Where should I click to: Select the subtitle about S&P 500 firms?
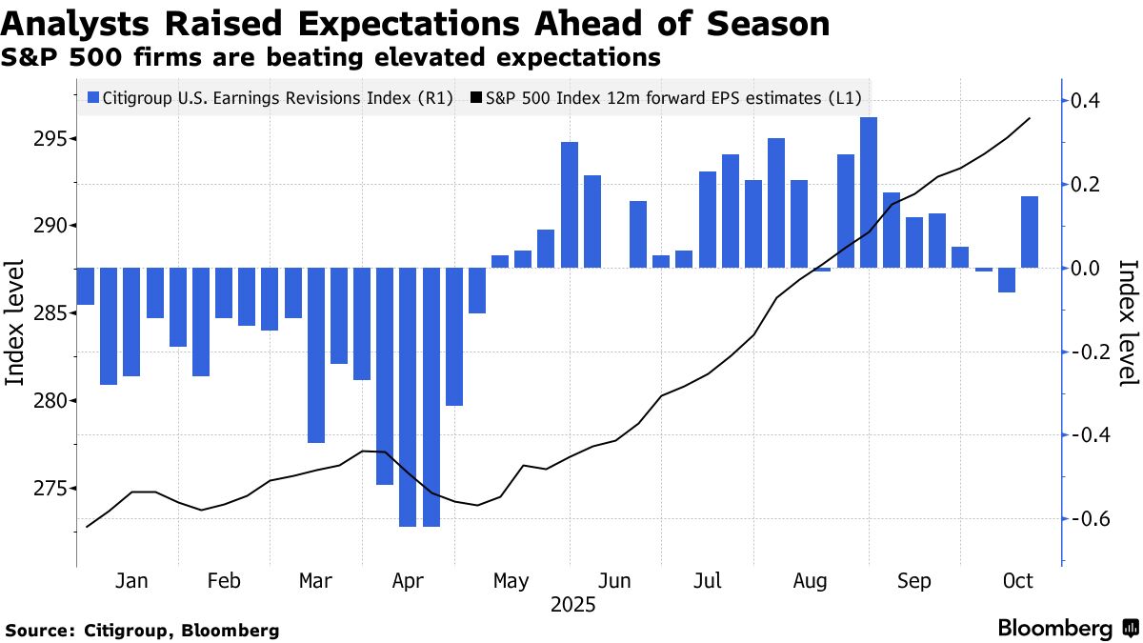pyautogui.click(x=331, y=58)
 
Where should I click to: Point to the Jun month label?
pyautogui.click(x=615, y=581)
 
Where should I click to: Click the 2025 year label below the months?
pyautogui.click(x=571, y=604)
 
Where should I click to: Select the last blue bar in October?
pyautogui.click(x=1030, y=231)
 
